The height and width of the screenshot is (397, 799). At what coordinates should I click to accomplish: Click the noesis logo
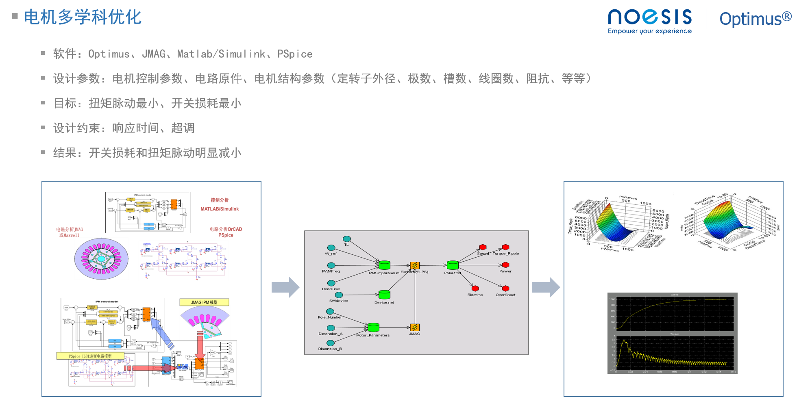point(649,20)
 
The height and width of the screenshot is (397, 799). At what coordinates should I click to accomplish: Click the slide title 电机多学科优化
point(83,17)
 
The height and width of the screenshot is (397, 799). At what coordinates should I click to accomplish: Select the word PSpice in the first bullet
point(295,54)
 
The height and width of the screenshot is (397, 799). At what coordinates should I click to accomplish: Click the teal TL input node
point(346,239)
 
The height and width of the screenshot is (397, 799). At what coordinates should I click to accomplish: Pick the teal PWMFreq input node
point(331,265)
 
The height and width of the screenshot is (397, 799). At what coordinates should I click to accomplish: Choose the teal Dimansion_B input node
point(331,343)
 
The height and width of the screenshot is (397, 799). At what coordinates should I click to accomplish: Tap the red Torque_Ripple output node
point(505,247)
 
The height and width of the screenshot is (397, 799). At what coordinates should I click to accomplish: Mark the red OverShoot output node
point(505,289)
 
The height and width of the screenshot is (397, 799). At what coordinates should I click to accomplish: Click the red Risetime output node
point(475,289)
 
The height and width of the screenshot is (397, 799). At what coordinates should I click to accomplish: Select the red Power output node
point(506,265)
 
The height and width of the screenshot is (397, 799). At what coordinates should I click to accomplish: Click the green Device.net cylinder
point(384,295)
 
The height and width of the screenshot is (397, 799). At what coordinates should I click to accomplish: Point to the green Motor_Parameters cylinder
point(373,327)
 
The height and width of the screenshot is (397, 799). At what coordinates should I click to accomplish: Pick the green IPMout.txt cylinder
point(453,265)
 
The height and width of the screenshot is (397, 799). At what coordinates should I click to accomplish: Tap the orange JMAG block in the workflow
point(415,328)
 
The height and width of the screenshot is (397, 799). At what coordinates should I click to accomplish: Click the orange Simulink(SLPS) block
point(415,266)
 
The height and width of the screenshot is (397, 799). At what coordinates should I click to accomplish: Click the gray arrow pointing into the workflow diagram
point(285,287)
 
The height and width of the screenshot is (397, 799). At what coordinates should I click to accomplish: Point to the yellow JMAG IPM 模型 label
point(204,302)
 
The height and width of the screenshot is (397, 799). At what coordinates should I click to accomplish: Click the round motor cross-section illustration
point(101,259)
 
